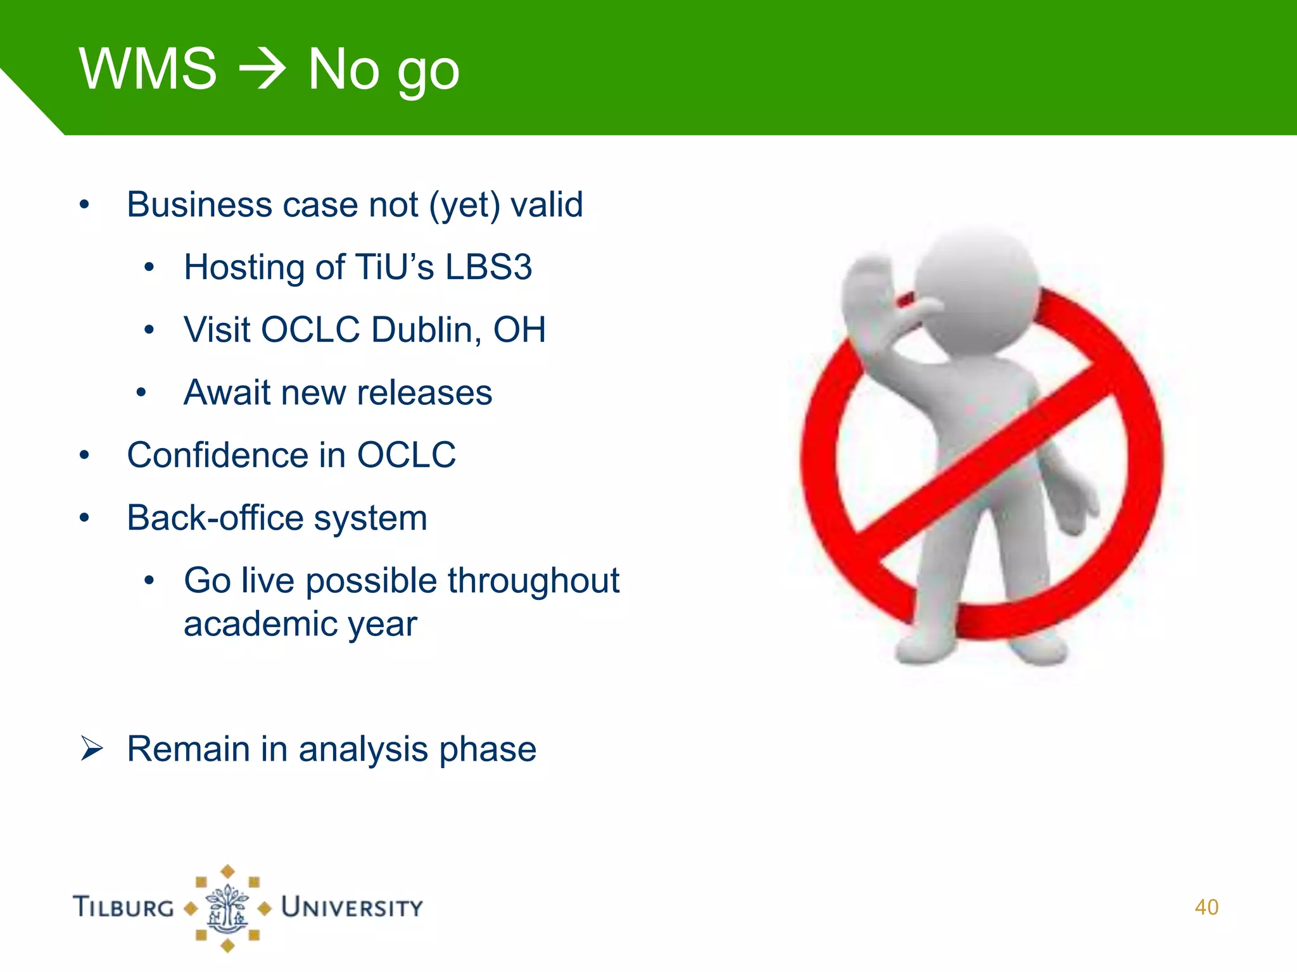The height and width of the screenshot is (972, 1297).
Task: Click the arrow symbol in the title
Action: pos(262,70)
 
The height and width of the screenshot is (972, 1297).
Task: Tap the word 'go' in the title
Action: pos(428,73)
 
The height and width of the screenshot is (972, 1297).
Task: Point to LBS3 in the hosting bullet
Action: pos(488,267)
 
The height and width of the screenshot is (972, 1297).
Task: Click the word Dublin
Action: pos(422,330)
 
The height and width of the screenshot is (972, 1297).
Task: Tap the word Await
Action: pos(226,392)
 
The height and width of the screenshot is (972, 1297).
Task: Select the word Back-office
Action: pos(215,518)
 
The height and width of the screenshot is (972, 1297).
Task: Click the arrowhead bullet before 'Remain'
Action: pos(91,749)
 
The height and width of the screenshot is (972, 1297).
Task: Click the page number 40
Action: pos(1206,907)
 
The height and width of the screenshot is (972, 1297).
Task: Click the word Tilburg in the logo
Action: pos(123,907)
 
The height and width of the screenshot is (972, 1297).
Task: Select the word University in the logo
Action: pos(351,907)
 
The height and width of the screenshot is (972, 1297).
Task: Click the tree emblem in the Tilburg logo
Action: pos(227,909)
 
